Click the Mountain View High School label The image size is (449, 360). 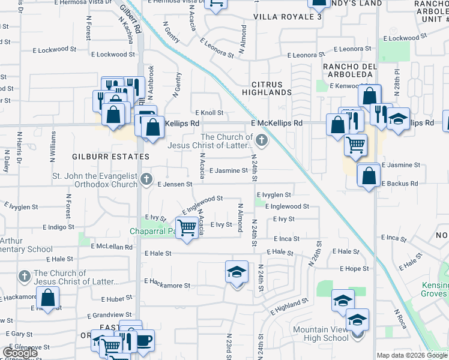pos(321,334)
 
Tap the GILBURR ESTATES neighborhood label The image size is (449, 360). pos(110,156)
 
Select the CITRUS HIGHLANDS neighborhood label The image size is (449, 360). pos(267,88)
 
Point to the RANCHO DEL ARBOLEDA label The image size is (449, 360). pos(350,70)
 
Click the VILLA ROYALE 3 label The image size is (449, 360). pos(288,17)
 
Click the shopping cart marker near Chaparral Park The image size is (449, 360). pos(188,227)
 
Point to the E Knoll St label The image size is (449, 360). pos(209,112)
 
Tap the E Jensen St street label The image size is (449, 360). pos(174,184)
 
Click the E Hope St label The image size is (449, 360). pos(354,269)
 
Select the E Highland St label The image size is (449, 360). pos(289,308)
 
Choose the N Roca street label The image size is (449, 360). pos(400,319)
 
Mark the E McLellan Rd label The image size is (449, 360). pos(112,246)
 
